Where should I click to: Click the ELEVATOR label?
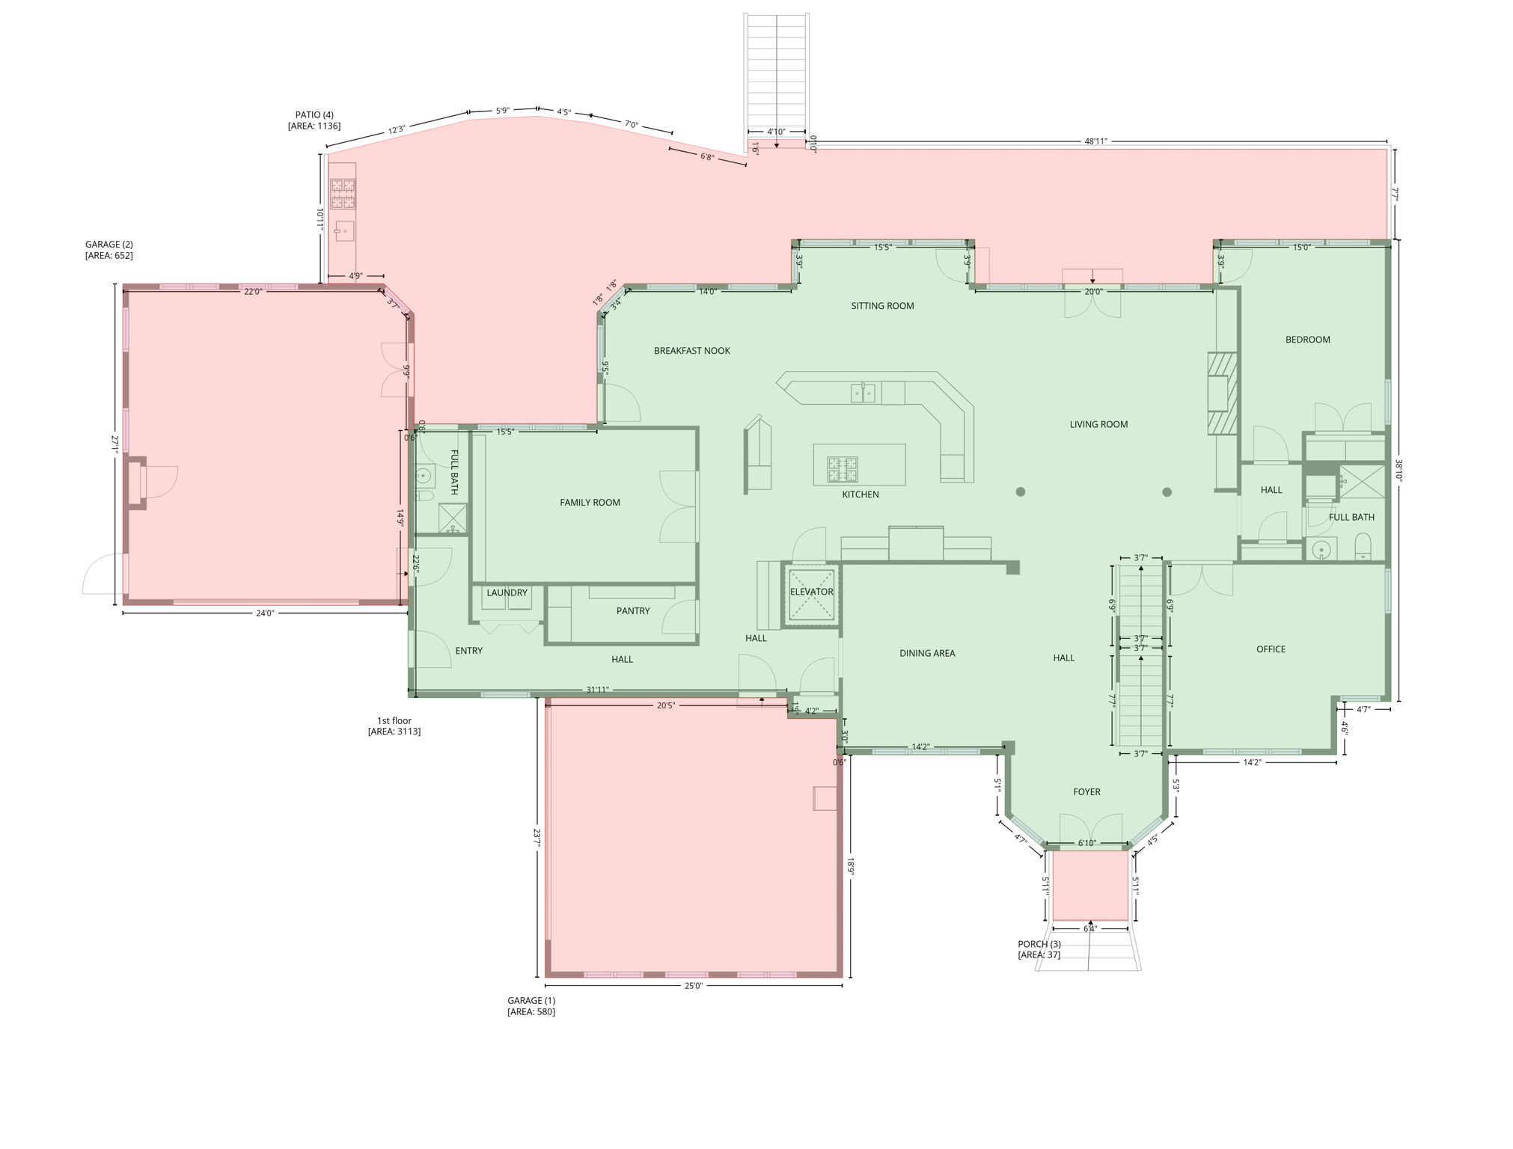click(x=811, y=592)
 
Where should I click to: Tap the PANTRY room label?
click(x=633, y=611)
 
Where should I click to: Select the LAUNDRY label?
click(x=507, y=593)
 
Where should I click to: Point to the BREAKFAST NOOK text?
click(x=692, y=351)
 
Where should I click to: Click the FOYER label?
click(x=1086, y=792)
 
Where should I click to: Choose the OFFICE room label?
click(x=1271, y=649)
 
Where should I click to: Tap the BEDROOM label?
click(x=1308, y=340)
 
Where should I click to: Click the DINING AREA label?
click(x=927, y=653)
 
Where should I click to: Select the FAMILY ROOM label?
click(x=590, y=503)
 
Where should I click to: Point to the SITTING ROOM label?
click(x=882, y=306)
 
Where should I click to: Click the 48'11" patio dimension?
click(x=1095, y=141)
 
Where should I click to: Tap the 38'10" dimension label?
click(x=1397, y=471)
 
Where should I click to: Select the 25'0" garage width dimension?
click(x=694, y=986)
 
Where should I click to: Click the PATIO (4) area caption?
click(x=314, y=120)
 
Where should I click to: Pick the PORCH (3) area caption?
click(x=1039, y=949)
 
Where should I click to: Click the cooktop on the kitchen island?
click(x=842, y=470)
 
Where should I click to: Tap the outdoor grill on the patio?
click(x=343, y=194)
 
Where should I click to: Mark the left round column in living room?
click(x=1020, y=491)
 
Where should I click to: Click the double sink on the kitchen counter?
click(x=863, y=393)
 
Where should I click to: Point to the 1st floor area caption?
click(x=394, y=726)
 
